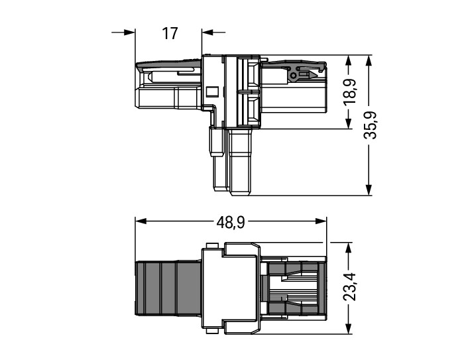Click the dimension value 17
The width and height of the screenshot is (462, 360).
pyautogui.click(x=170, y=33)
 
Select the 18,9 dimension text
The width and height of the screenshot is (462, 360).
pyautogui.click(x=351, y=91)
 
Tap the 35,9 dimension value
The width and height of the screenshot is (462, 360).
pyautogui.click(x=370, y=125)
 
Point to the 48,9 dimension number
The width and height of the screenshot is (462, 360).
pyautogui.click(x=231, y=223)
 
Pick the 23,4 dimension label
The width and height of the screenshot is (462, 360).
pyautogui.click(x=350, y=286)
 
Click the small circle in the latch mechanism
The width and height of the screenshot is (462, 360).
pyautogui.click(x=293, y=76)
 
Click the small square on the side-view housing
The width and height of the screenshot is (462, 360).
pyautogui.click(x=212, y=91)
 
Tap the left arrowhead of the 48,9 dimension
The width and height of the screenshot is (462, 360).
pyautogui.click(x=141, y=221)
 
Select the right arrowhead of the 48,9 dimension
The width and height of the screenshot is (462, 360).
pyautogui.click(x=321, y=221)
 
